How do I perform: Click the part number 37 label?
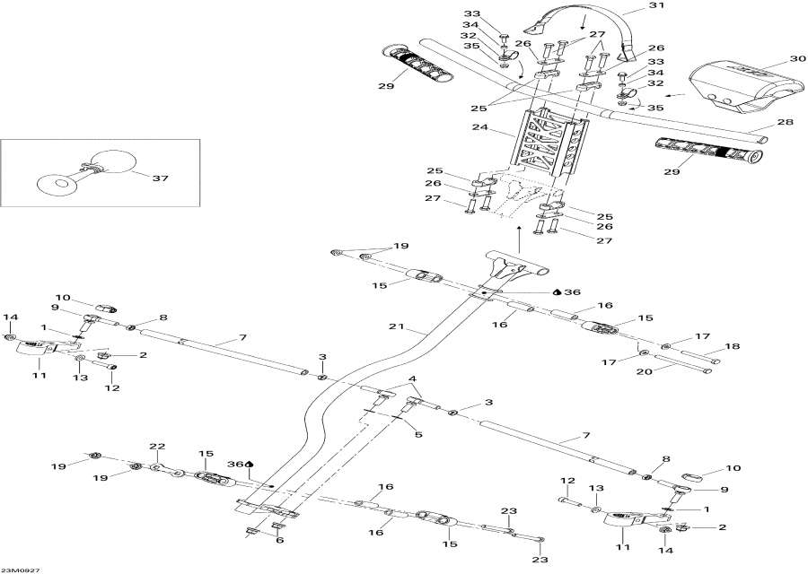(161, 178)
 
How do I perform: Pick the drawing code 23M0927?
(20, 568)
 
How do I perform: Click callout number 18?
(733, 346)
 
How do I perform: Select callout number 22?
(157, 447)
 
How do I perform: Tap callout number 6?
(278, 540)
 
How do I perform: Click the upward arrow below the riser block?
(521, 240)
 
